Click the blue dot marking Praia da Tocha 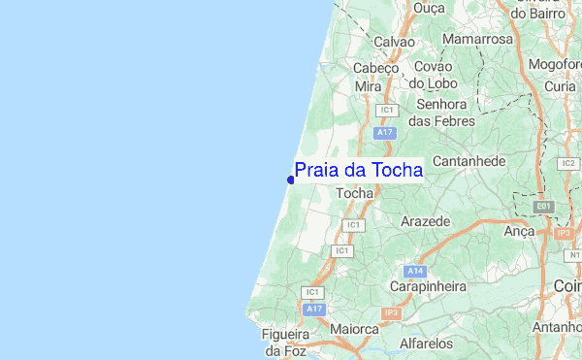click(291, 179)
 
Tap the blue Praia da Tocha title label click(359, 171)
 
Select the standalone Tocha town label click(354, 194)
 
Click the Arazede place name click(425, 221)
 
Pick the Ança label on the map click(520, 231)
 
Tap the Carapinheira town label click(428, 287)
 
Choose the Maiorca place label click(354, 330)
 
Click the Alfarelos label click(427, 343)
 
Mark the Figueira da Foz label click(284, 342)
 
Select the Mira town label click(368, 86)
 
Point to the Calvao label click(394, 43)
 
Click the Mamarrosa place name click(477, 40)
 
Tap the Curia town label click(560, 86)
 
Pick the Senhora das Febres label click(442, 113)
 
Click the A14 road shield click(416, 270)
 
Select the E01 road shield click(544, 207)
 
